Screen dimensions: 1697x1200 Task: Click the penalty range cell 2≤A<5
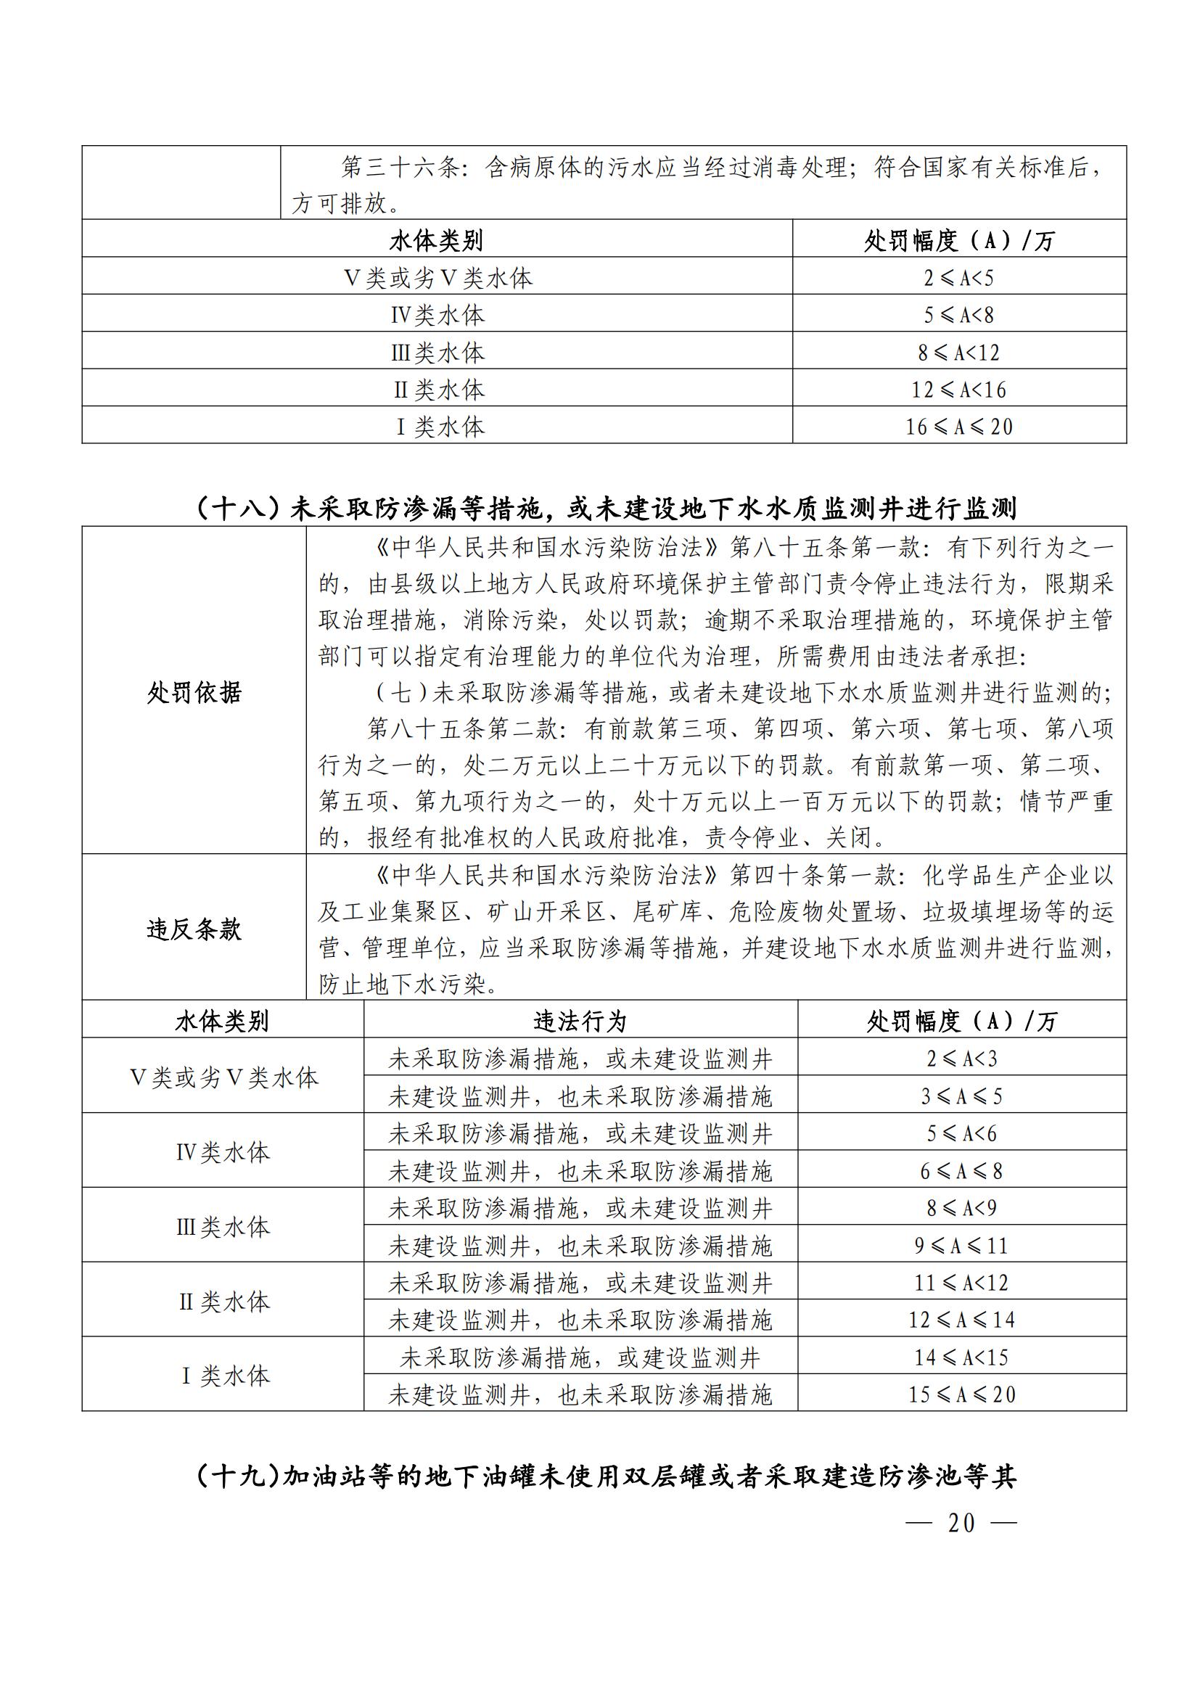click(958, 278)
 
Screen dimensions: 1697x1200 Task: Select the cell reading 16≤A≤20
click(958, 427)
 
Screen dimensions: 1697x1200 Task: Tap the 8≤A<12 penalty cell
click(958, 353)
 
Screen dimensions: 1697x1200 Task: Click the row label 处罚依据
click(194, 693)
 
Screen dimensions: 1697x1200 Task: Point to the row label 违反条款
click(194, 929)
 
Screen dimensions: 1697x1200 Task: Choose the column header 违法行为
click(580, 1022)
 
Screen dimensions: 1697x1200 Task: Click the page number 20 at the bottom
click(961, 1523)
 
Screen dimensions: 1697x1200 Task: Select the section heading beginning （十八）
click(606, 509)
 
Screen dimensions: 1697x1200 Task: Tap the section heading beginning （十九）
click(606, 1476)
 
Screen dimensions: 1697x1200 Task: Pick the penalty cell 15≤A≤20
click(961, 1394)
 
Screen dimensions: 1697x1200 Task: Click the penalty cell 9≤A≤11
click(961, 1246)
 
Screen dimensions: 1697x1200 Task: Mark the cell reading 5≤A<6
click(961, 1133)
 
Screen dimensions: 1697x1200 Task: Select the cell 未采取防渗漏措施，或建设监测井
click(580, 1357)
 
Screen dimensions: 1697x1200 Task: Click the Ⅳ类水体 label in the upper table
click(437, 316)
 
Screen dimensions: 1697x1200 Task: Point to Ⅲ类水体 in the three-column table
click(223, 1227)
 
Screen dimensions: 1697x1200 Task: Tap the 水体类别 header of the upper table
click(436, 240)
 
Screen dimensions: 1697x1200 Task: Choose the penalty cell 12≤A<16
click(958, 390)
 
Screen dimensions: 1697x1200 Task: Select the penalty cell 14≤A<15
click(961, 1357)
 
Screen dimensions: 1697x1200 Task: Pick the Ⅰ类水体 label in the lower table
click(223, 1376)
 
